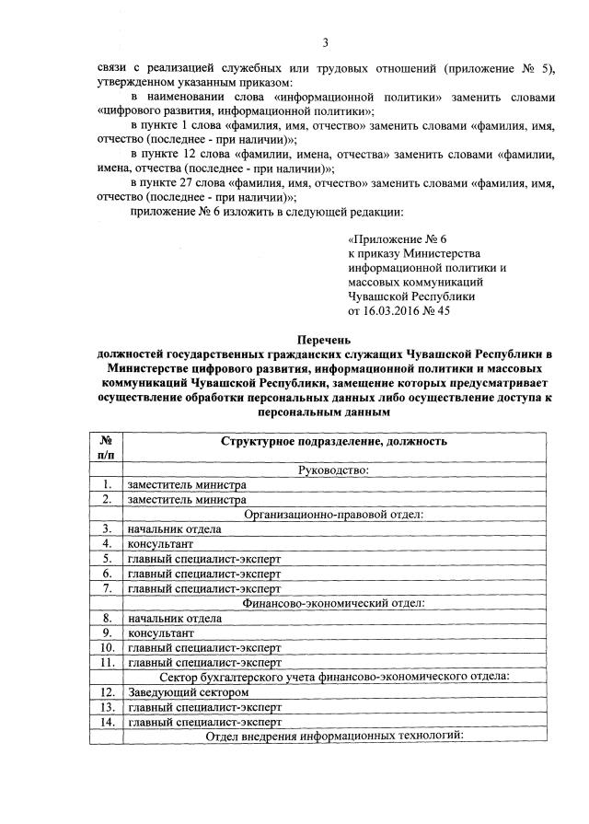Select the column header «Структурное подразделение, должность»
tap(333, 441)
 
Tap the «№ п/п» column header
tap(107, 447)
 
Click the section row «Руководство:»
tap(333, 470)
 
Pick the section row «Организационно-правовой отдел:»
tap(333, 514)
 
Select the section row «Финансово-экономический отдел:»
tap(333, 603)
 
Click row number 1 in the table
tap(107, 485)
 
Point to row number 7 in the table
tap(107, 588)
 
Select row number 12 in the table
tap(107, 691)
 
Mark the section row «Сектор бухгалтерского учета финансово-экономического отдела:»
tap(333, 677)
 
